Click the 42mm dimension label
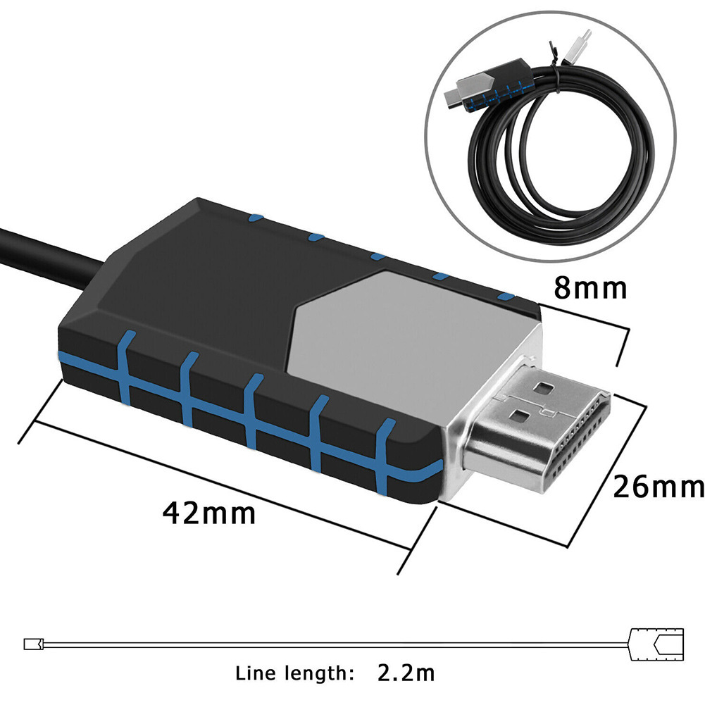(x=209, y=512)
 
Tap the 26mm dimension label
(x=658, y=486)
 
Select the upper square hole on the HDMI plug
(x=543, y=387)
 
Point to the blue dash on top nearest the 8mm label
(x=505, y=297)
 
